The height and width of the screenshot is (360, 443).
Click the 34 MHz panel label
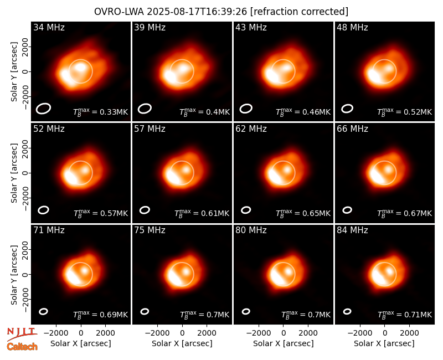coord(49,27)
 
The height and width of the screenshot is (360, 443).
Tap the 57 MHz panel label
coord(150,129)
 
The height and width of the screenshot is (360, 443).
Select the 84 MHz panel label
coord(352,230)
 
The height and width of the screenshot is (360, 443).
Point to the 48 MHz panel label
coord(352,27)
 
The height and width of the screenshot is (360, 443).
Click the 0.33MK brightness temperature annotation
coord(101,112)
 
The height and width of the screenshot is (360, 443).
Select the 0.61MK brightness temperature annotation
coord(202,213)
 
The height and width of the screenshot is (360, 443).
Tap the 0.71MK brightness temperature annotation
coord(405,314)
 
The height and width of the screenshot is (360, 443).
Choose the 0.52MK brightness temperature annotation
coord(405,112)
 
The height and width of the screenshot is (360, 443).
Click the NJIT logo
coord(22,333)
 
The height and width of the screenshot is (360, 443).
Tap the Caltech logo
coord(22,347)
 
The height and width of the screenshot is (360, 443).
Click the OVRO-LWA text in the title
coord(119,12)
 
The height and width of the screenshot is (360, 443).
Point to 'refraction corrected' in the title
coord(299,12)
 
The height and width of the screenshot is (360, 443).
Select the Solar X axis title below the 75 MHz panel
coord(182,343)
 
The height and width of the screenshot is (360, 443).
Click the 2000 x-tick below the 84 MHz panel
coord(409,333)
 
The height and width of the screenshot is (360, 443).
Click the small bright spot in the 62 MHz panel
coord(287,170)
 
